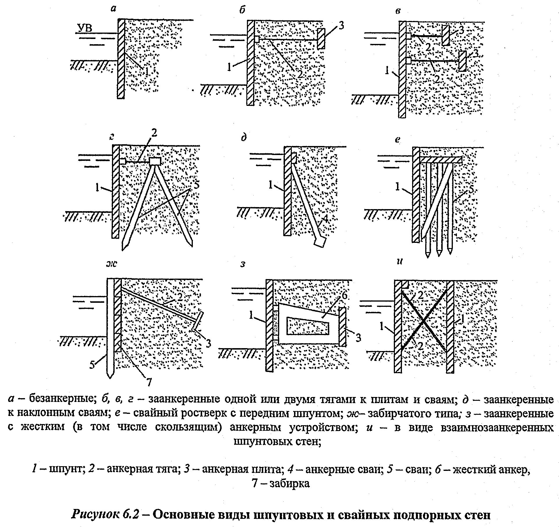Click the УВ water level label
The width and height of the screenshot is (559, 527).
pyautogui.click(x=85, y=28)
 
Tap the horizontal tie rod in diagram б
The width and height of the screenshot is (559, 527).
pyautogui.click(x=288, y=39)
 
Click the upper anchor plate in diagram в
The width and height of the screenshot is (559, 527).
pyautogui.click(x=446, y=35)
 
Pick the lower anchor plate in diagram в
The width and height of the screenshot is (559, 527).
pyautogui.click(x=462, y=61)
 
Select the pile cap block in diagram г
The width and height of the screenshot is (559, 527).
pyautogui.click(x=155, y=161)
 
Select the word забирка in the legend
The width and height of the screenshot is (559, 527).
pyautogui.click(x=289, y=483)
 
